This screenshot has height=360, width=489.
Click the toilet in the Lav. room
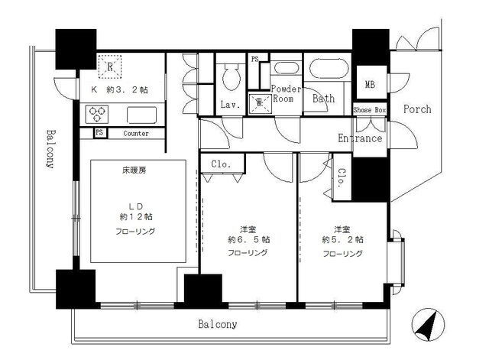(231, 76)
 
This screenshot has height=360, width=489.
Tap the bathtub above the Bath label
(328, 69)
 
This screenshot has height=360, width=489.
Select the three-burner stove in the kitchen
(97, 114)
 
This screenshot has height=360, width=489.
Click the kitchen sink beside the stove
(142, 115)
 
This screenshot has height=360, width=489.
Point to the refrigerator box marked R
(110, 66)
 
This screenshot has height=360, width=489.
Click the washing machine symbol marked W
(260, 102)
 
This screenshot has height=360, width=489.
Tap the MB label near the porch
(370, 84)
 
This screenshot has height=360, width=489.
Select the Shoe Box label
(370, 110)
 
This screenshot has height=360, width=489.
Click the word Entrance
(360, 138)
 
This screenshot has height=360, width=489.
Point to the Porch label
(417, 109)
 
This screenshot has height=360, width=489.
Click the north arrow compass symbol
(428, 325)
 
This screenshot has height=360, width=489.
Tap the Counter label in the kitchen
(136, 134)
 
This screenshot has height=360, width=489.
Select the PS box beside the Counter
(99, 132)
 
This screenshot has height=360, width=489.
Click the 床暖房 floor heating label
(134, 170)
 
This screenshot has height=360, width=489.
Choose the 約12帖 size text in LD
(136, 216)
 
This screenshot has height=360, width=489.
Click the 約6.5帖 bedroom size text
(249, 239)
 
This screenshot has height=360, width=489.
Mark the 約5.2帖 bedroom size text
(342, 239)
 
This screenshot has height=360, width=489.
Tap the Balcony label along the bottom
(218, 324)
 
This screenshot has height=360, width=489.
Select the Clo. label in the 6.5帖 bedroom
(221, 164)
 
